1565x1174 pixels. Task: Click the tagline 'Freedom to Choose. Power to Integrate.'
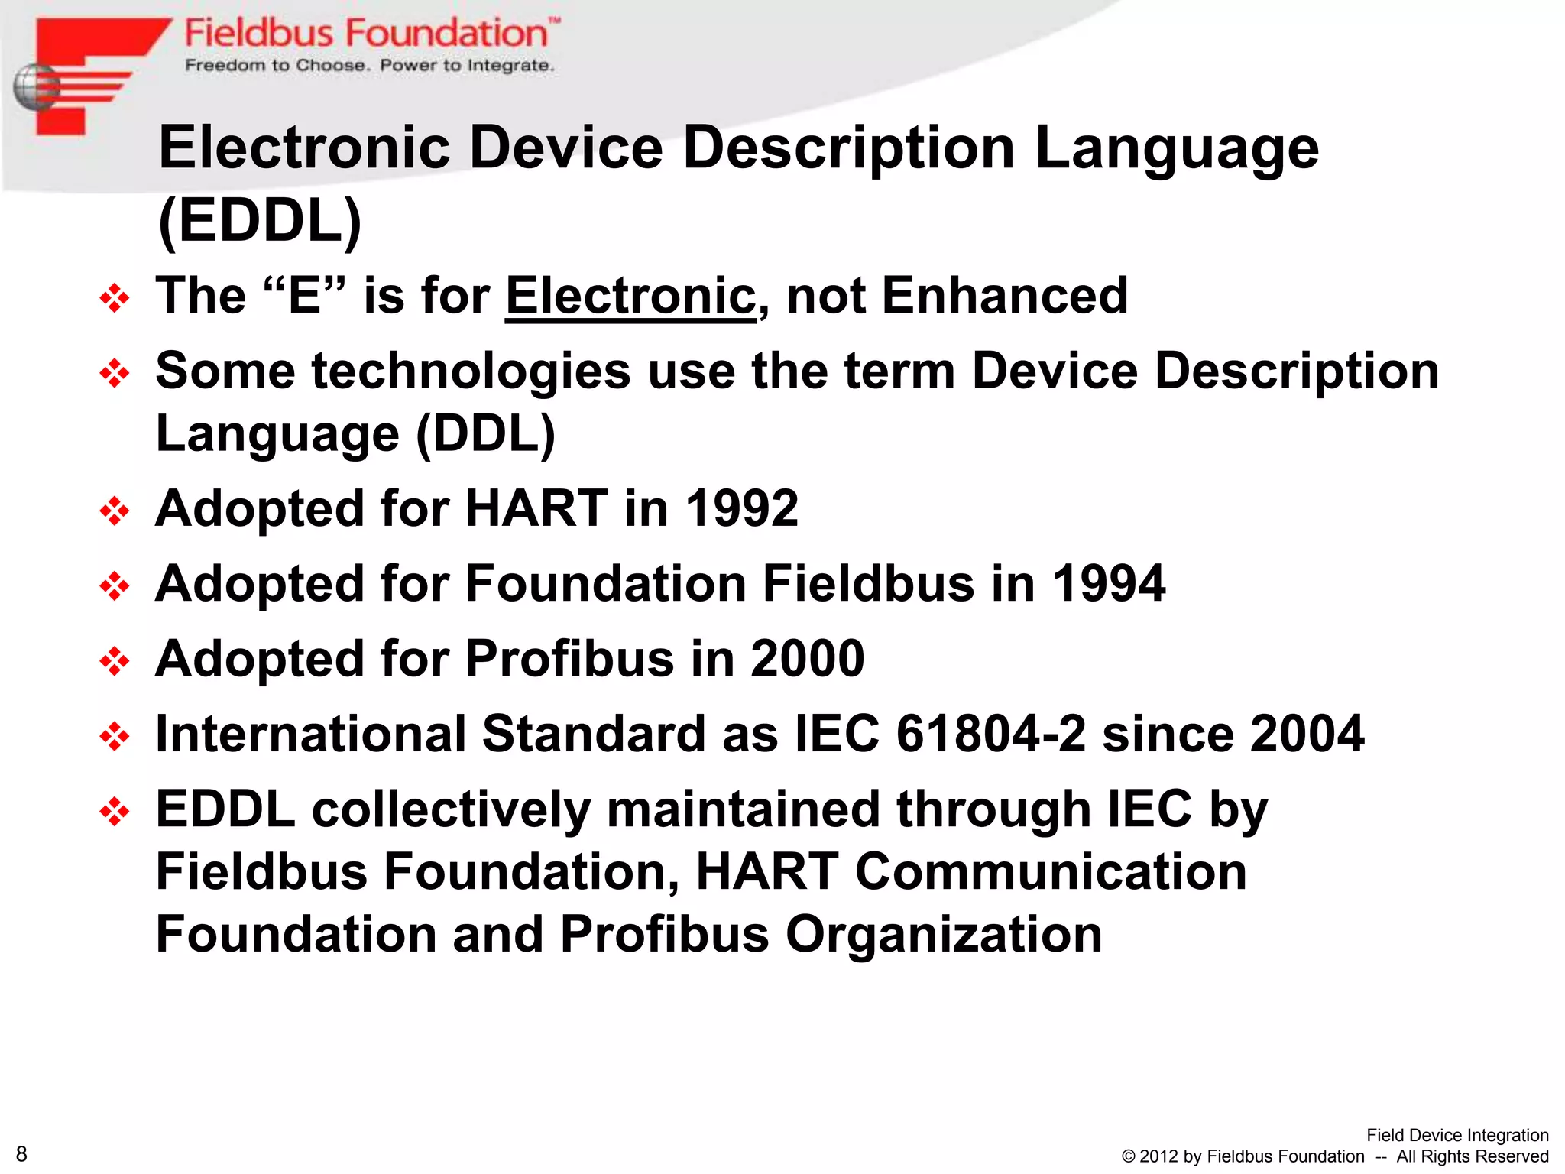(x=369, y=66)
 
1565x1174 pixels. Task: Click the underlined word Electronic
(x=630, y=296)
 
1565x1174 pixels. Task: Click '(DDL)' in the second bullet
(x=485, y=434)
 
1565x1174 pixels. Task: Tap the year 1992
(x=742, y=508)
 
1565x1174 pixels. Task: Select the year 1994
(x=1109, y=584)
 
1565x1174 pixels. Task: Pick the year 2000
(x=808, y=659)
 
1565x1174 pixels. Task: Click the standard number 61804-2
(x=990, y=734)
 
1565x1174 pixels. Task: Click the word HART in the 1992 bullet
(x=536, y=508)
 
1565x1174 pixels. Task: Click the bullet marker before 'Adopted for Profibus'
(x=115, y=661)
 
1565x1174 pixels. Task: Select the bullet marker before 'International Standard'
(x=115, y=736)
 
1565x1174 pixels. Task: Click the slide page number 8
(x=21, y=1154)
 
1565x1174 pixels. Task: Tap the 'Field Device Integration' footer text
(x=1457, y=1135)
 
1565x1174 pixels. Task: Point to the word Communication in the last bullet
(x=1051, y=871)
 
